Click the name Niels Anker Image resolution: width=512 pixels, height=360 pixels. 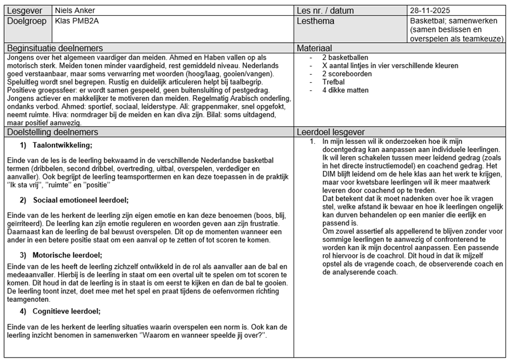75,11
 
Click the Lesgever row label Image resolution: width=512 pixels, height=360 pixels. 25,11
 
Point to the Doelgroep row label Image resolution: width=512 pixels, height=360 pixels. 27,22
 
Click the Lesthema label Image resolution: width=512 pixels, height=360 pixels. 316,22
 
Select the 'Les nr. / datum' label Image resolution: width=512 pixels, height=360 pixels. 325,11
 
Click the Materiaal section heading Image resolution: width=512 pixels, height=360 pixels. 315,48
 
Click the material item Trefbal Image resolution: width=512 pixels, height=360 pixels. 334,82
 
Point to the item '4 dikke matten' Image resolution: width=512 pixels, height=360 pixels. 345,90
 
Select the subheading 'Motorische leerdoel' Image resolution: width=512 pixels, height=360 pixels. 68,255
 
